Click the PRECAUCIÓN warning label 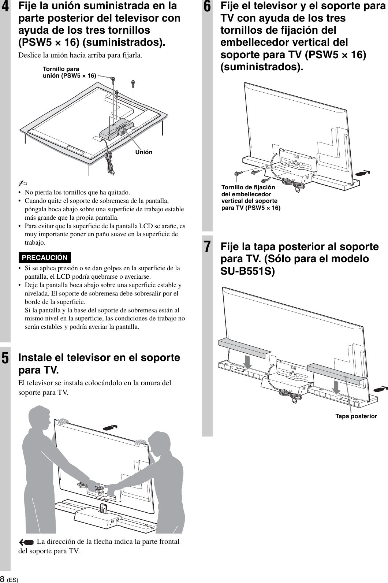45,257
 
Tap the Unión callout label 144,152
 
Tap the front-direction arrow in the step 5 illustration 111,427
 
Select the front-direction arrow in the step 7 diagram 380,387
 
